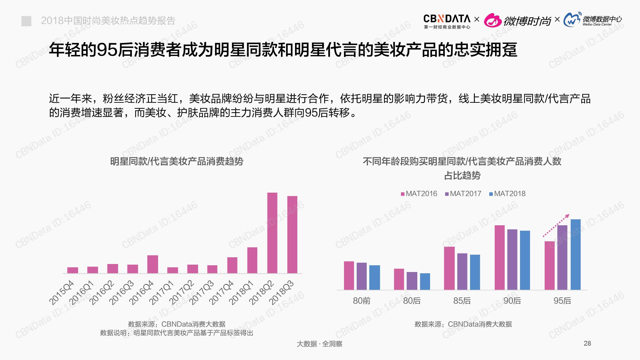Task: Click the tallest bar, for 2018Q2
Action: pyautogui.click(x=272, y=233)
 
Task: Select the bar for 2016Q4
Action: pyautogui.click(x=152, y=264)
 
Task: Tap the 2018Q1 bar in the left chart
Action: pyautogui.click(x=252, y=260)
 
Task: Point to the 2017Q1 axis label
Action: pyautogui.click(x=162, y=292)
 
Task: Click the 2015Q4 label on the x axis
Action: pyautogui.click(x=61, y=292)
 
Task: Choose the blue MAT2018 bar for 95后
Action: pyautogui.click(x=575, y=254)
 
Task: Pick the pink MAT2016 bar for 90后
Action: pyautogui.click(x=500, y=258)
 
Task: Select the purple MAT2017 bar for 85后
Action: pyautogui.click(x=462, y=271)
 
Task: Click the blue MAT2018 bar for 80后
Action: pyautogui.click(x=425, y=281)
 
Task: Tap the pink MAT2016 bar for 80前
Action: pyautogui.click(x=349, y=276)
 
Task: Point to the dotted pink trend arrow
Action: pyautogui.click(x=556, y=226)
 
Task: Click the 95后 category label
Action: pyautogui.click(x=562, y=301)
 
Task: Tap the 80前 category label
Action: pyautogui.click(x=362, y=301)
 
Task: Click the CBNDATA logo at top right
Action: pyautogui.click(x=447, y=21)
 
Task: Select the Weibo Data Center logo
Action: pyautogui.click(x=593, y=20)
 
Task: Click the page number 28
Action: pyautogui.click(x=587, y=343)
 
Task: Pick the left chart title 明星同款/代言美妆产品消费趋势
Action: pyautogui.click(x=177, y=161)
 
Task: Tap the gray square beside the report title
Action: pyautogui.click(x=26, y=21)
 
